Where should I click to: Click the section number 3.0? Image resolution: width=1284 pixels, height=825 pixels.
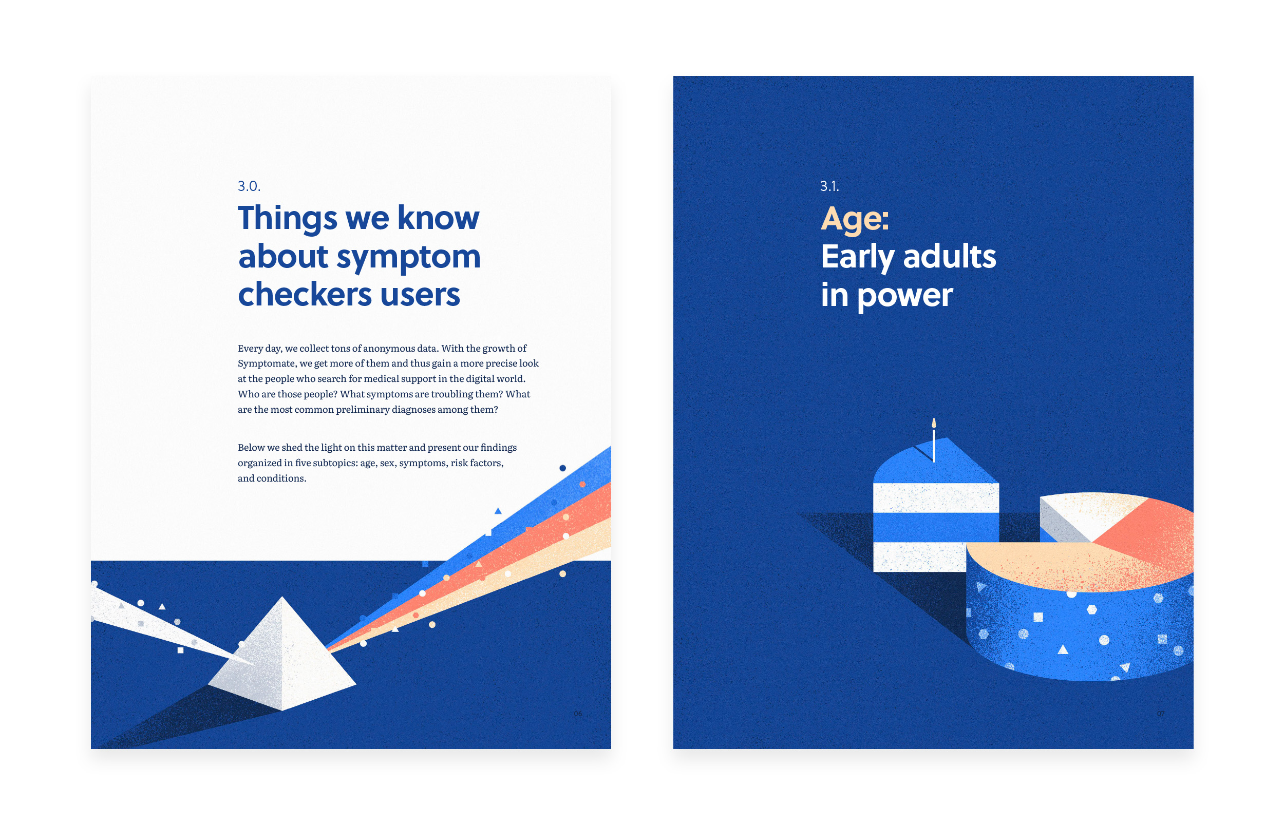point(249,186)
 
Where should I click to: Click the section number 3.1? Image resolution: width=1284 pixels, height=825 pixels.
point(829,186)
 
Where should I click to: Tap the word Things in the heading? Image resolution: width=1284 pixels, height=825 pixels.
point(288,219)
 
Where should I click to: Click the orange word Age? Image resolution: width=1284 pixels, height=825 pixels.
point(854,220)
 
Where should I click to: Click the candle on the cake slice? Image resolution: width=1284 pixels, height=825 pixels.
point(934,439)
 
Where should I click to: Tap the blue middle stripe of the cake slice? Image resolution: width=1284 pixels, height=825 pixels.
point(936,527)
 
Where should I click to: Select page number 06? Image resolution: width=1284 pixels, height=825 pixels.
point(578,714)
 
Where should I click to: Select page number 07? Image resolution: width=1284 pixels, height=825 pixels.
point(1160,714)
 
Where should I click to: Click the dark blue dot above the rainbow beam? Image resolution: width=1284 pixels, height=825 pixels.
point(562,468)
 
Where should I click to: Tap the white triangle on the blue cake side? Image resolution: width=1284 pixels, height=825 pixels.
point(1063,649)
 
